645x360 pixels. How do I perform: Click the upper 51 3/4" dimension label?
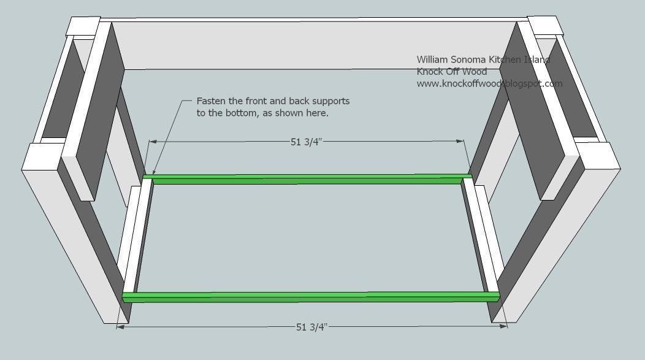[306, 142]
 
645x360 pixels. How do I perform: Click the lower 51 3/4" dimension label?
[311, 327]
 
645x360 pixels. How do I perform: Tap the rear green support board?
[308, 179]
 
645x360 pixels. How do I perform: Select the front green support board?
[311, 297]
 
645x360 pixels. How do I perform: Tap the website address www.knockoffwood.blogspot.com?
[489, 83]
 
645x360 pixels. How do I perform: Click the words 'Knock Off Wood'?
[452, 72]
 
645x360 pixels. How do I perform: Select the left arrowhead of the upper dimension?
[153, 142]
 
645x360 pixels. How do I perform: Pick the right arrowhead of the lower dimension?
[503, 326]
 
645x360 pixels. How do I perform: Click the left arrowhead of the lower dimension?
[121, 327]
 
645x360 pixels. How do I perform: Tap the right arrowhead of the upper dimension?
[460, 141]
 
